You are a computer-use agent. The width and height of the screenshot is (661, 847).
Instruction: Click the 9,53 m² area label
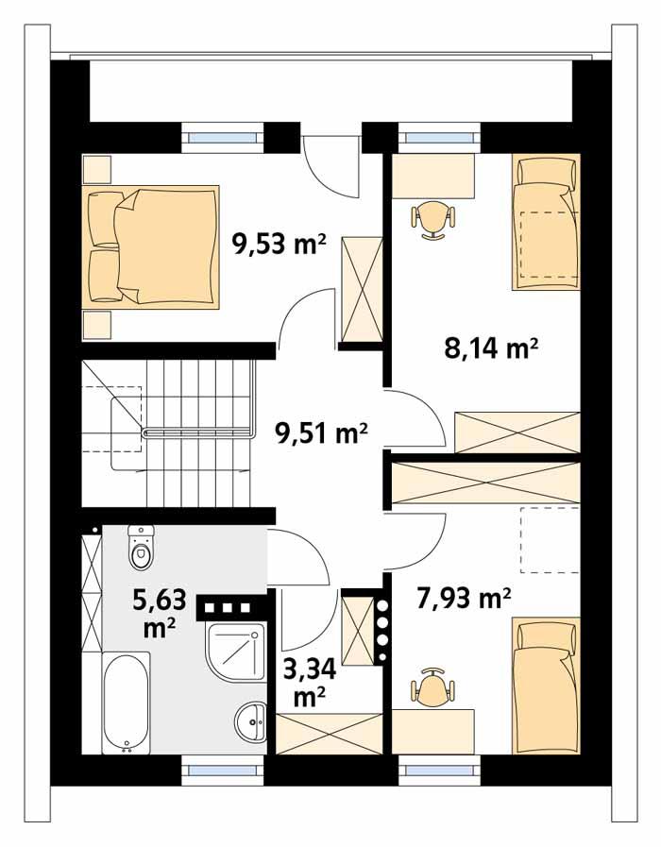tap(280, 246)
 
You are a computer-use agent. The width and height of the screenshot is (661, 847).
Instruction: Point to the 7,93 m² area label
tap(464, 597)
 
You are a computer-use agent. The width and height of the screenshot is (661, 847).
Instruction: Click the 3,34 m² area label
tap(309, 683)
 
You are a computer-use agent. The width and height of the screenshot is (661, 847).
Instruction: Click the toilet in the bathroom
tap(141, 548)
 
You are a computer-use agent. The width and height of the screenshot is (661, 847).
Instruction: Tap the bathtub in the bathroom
tap(126, 703)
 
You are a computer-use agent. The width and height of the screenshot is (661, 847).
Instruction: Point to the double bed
tap(153, 246)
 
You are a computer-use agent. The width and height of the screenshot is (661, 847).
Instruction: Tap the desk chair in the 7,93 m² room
tap(432, 686)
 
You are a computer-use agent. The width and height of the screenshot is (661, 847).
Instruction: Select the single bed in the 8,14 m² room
tap(547, 223)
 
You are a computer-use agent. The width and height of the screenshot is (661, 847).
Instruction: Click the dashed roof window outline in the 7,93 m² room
tap(550, 539)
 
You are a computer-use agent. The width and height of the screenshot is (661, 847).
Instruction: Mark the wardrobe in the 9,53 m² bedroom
tap(360, 288)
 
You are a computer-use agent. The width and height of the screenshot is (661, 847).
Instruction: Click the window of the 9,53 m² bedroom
tap(224, 138)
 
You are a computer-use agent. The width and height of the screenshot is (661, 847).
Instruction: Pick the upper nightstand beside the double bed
tap(97, 170)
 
